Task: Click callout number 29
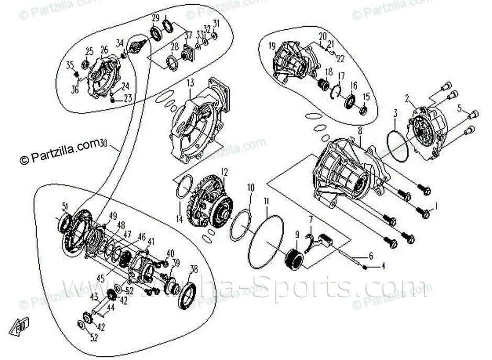[155, 18]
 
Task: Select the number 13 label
[189, 83]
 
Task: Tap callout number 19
[272, 46]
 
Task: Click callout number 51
[65, 206]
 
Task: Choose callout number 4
[383, 266]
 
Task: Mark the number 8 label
[359, 130]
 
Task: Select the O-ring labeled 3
[399, 146]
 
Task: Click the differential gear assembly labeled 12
[212, 205]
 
